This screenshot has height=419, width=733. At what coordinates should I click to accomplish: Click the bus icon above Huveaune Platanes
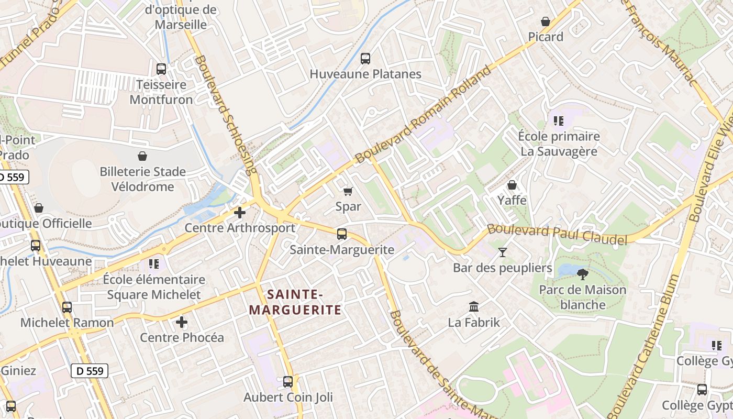click(x=365, y=59)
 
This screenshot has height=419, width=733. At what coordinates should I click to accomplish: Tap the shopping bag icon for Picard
click(x=546, y=21)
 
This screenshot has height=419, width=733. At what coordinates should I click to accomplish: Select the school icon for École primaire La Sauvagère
click(x=559, y=121)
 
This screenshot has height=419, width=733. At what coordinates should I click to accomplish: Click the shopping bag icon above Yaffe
click(x=512, y=185)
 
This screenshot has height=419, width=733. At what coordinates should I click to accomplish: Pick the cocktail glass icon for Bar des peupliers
click(x=503, y=252)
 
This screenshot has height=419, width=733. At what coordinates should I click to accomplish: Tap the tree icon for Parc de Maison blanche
click(x=582, y=274)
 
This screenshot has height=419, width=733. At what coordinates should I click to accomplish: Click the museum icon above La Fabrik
click(x=474, y=306)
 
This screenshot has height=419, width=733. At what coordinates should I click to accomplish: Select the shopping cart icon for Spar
click(x=348, y=191)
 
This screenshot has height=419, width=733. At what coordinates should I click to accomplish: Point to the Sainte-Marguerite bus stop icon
click(x=342, y=234)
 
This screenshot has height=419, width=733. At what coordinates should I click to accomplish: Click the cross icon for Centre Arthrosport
click(x=240, y=213)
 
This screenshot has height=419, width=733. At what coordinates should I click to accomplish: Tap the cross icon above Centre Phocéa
click(x=182, y=322)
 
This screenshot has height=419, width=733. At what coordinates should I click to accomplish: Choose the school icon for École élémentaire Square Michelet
click(x=153, y=263)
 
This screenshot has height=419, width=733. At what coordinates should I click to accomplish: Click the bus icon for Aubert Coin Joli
click(x=288, y=382)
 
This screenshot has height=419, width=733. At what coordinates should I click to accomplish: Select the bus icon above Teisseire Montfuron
click(x=161, y=69)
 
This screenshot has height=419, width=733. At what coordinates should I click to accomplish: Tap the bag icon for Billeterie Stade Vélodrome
click(x=142, y=156)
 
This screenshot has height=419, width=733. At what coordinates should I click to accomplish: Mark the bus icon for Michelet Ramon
click(x=67, y=307)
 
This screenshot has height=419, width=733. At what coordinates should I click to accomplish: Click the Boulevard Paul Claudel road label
click(x=557, y=234)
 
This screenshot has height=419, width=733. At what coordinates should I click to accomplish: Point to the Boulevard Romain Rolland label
click(x=424, y=114)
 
